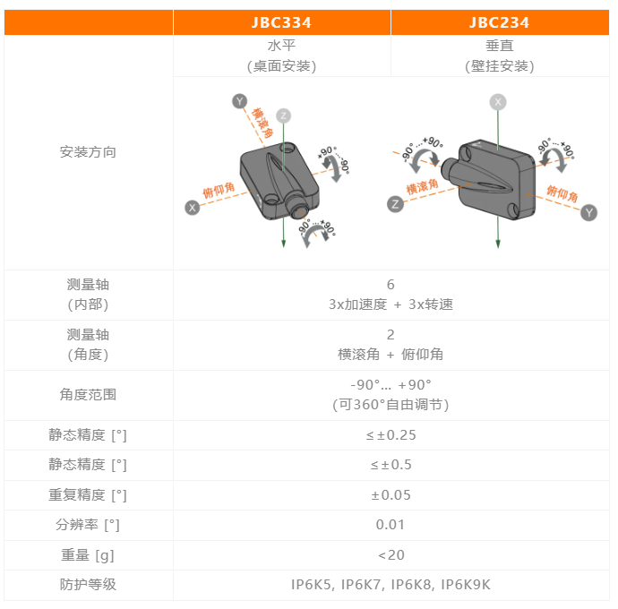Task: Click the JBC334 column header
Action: (281, 22)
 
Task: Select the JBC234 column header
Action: (500, 22)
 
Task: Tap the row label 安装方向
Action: (88, 151)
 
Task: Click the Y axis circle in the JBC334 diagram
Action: (240, 101)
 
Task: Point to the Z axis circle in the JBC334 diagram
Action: (283, 116)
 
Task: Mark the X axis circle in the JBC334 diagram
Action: (193, 208)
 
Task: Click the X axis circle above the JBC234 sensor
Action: (498, 102)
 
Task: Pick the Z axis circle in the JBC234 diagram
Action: (395, 204)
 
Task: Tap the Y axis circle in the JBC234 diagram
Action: (588, 213)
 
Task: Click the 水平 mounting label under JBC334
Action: (281, 46)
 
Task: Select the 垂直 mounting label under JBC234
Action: (500, 46)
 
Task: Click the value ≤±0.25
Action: (391, 435)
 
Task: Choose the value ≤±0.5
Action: (391, 465)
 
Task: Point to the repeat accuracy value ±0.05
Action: (391, 495)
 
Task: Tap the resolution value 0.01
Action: (391, 525)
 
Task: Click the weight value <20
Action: (391, 555)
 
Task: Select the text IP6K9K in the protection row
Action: (466, 585)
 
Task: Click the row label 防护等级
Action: (88, 584)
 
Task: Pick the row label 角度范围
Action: (88, 395)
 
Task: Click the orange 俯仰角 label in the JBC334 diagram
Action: (219, 190)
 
